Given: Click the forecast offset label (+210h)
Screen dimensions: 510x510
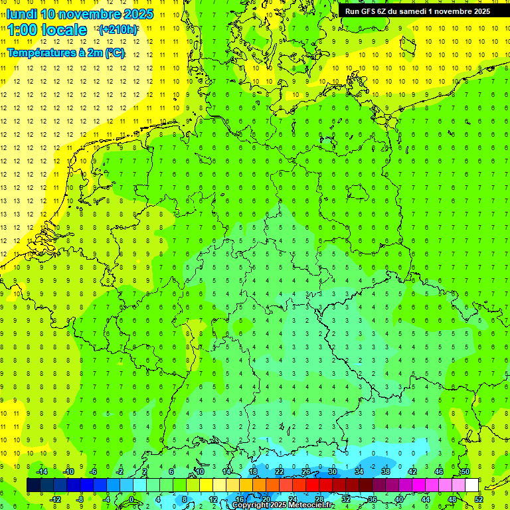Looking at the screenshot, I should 118,30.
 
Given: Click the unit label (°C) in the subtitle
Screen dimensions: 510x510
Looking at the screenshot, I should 114,52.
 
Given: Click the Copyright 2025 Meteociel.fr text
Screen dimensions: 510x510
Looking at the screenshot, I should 283,505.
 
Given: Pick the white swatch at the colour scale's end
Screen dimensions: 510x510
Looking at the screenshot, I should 471,485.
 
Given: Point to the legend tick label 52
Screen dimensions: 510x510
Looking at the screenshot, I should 479,499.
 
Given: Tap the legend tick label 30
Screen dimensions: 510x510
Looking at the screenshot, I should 332,471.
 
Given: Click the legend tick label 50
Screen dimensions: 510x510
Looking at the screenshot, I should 466,471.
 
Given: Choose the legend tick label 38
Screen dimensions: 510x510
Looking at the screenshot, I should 385,471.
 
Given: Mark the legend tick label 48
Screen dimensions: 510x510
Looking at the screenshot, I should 452,499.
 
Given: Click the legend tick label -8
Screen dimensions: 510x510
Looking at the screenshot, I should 80,499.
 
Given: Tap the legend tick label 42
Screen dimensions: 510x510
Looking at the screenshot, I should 412,471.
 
